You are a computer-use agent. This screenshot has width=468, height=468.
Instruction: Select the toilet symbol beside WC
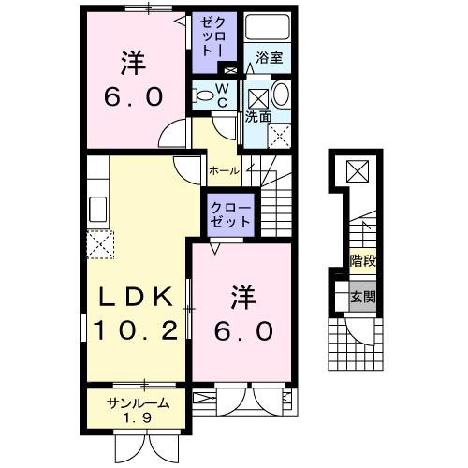(x=202, y=94)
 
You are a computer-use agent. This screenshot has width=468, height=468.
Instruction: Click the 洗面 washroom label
(x=258, y=117)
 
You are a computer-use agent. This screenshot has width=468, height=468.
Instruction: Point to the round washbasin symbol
(x=280, y=95)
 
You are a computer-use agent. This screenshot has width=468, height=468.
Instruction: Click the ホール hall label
(x=224, y=171)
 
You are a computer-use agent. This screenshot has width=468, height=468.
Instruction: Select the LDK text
(x=138, y=298)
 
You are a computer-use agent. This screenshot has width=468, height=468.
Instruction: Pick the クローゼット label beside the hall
(x=229, y=214)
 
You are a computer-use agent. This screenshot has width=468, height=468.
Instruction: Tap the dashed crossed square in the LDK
(x=99, y=245)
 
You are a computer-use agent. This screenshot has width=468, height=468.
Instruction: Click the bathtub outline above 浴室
(x=268, y=31)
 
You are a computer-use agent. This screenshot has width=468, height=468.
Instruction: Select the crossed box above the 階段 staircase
(x=358, y=171)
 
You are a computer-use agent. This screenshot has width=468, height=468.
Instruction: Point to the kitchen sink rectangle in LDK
(x=97, y=208)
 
